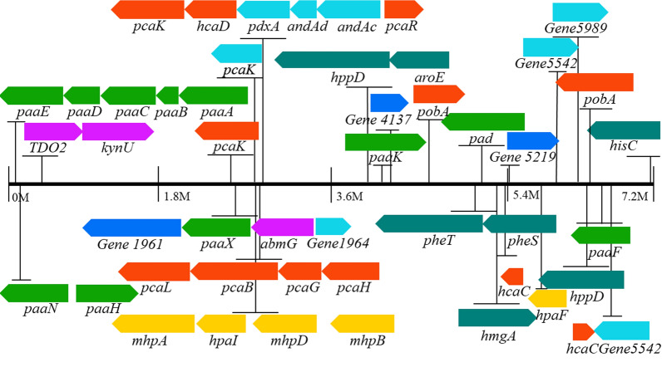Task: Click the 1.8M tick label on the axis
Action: [x=175, y=196]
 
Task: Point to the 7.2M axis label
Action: [x=634, y=196]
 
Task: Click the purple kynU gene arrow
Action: [x=117, y=131]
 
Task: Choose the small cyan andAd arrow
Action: [x=304, y=10]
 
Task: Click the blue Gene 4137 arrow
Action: [x=388, y=103]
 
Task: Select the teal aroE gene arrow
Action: [x=419, y=60]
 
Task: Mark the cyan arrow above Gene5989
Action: [x=580, y=12]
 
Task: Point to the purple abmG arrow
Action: [x=283, y=228]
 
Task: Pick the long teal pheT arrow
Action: [x=428, y=223]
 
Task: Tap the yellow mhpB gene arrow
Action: [x=357, y=323]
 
